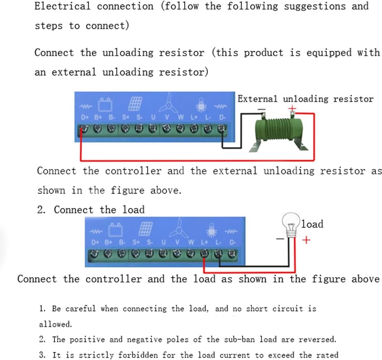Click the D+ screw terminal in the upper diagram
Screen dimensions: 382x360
84,129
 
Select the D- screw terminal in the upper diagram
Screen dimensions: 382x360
222,129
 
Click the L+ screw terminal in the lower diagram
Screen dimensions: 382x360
204,253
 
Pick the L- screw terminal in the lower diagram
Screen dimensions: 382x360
218,253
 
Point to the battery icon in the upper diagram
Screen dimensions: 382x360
105,105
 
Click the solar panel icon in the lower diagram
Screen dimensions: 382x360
146,229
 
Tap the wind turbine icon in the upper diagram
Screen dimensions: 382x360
168,103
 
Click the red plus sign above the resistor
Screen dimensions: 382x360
292,108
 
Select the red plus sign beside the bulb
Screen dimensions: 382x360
306,240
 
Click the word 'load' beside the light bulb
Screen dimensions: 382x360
312,224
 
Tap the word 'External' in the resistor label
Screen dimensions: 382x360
257,98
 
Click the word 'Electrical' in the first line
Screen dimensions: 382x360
62,6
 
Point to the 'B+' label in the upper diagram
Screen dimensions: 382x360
98,117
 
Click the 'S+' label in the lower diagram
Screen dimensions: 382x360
136,242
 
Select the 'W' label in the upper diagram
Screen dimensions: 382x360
181,117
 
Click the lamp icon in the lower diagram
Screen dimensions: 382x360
212,230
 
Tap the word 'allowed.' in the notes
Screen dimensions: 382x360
55,324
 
